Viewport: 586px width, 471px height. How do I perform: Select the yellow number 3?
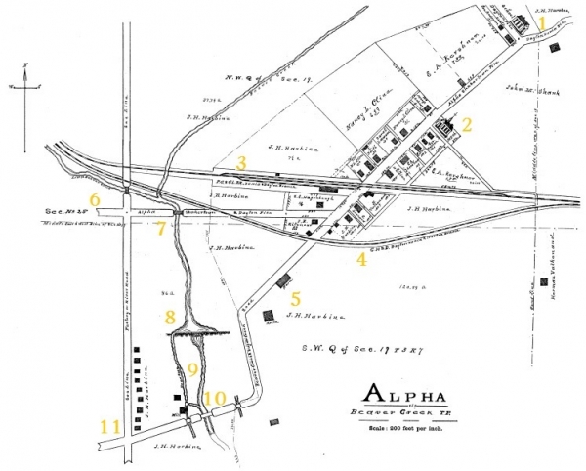(240, 161)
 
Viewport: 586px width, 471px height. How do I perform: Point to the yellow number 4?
(361, 259)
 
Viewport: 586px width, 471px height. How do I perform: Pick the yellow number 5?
(296, 299)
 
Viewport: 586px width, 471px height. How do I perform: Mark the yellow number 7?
(162, 226)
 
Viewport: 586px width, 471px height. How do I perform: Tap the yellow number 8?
(170, 317)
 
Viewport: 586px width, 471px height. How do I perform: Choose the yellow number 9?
(192, 369)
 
